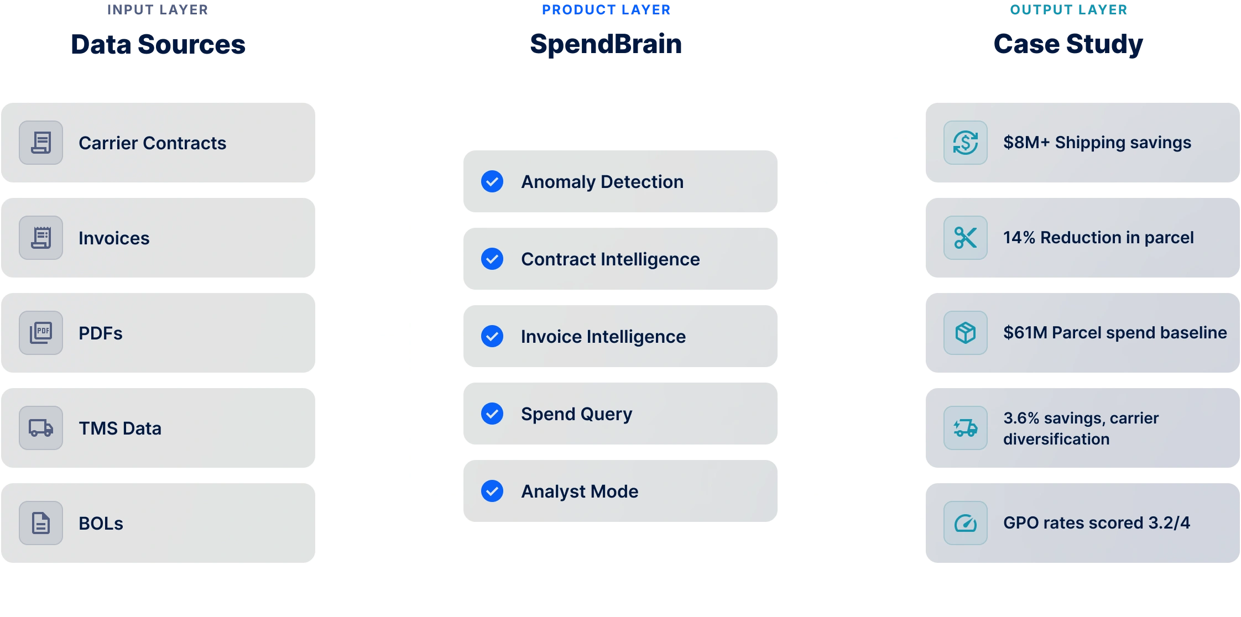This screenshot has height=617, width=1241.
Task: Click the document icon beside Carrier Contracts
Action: [x=41, y=143]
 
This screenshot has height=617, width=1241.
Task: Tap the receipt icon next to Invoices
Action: [x=41, y=238]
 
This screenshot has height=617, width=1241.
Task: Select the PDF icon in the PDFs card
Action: [x=41, y=333]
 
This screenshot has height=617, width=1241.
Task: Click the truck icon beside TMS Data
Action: [x=41, y=428]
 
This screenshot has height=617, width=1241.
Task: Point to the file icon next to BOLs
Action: [x=41, y=523]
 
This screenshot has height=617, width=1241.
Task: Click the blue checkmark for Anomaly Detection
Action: [x=492, y=181]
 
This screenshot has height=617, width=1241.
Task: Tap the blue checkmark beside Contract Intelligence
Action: [x=492, y=259]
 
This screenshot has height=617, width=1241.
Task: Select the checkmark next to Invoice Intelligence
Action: [x=492, y=336]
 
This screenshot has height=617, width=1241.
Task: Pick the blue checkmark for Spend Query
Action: [x=492, y=414]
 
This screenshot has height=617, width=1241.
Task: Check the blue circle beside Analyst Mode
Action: [x=492, y=491]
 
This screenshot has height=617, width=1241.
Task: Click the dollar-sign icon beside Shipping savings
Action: [x=966, y=143]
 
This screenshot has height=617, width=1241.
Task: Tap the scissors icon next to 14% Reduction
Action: [x=966, y=238]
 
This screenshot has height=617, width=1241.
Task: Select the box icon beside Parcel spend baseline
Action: [x=966, y=333]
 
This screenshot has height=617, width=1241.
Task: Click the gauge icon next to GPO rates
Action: [x=966, y=523]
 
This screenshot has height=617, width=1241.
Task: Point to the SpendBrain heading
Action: [x=606, y=44]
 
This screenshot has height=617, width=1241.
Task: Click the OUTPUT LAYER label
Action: [x=1068, y=10]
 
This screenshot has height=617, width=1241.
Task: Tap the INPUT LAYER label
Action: [x=158, y=10]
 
